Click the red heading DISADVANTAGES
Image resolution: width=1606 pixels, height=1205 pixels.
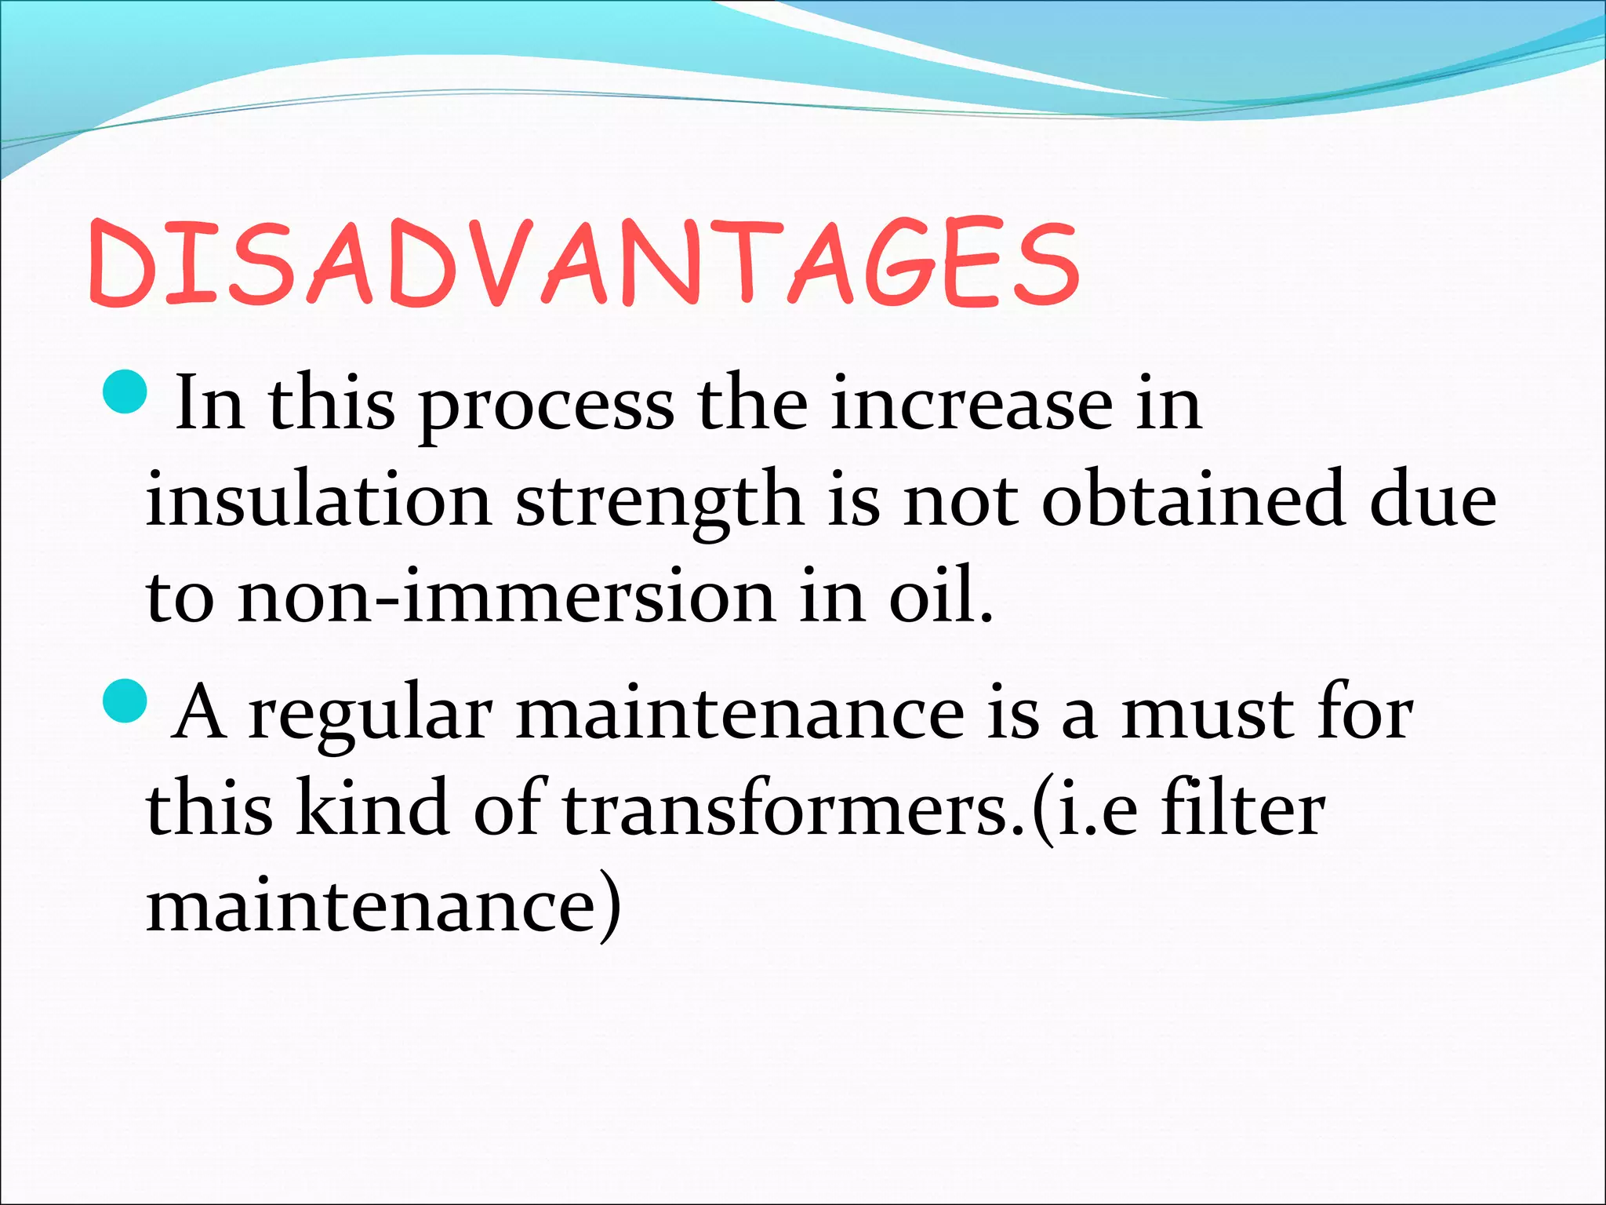coord(584,263)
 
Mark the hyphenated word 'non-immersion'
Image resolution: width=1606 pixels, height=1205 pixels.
coord(506,596)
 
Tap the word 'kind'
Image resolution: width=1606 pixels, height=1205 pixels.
coord(372,808)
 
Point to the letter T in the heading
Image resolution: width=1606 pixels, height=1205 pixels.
coord(743,263)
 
